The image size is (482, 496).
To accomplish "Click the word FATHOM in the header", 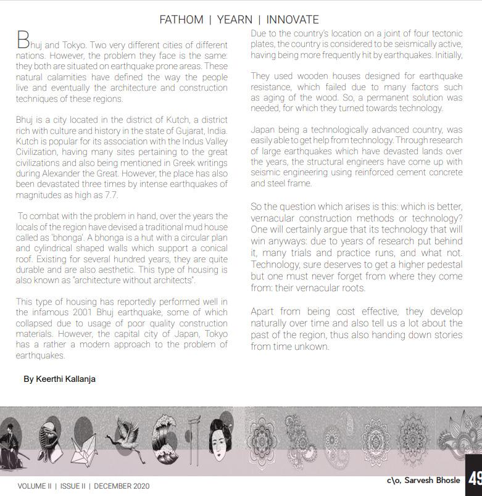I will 181,20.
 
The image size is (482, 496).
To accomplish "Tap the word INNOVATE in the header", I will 293,20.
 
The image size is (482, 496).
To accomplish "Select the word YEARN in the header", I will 235,20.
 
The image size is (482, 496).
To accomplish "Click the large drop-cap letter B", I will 22,41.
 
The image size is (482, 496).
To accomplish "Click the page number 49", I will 475,479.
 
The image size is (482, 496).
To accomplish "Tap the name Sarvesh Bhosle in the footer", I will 431,480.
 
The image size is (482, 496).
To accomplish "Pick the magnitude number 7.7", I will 109,196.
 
